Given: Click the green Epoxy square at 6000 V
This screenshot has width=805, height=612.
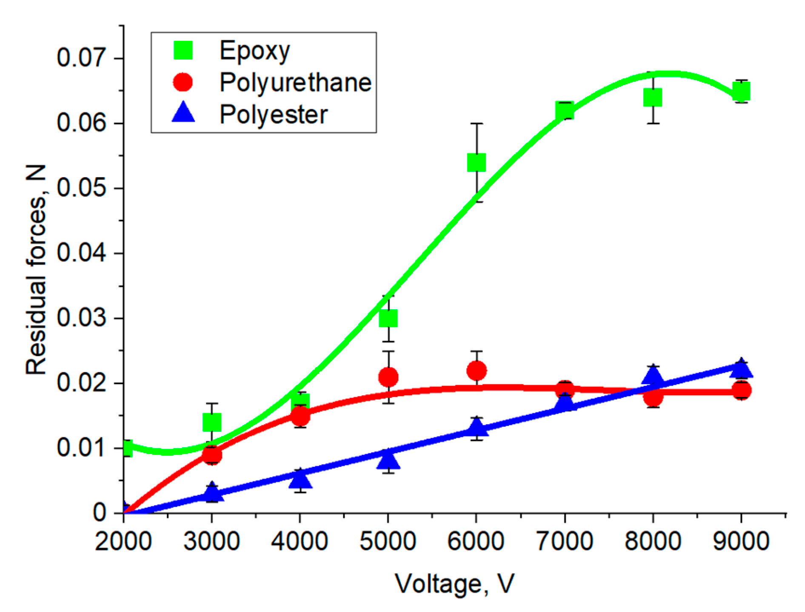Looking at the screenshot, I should point(476,162).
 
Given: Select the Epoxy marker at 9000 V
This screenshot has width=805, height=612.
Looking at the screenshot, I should point(741,92).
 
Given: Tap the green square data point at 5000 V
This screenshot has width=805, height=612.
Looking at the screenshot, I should point(388,318).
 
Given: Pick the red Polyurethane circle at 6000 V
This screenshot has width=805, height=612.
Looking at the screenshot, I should point(476,371).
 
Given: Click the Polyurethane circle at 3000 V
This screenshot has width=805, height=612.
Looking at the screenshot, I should point(212,455).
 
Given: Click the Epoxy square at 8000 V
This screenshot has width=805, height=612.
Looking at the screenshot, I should point(653,98).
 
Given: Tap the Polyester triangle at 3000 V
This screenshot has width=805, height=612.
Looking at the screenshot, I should point(212,493).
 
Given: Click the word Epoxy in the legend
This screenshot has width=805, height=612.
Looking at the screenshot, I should point(254,51).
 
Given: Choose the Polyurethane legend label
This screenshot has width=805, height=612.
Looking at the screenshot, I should point(295,82).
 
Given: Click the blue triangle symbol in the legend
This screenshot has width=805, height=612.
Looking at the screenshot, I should point(183,114).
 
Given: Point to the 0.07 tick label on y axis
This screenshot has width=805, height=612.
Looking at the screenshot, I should point(81,58).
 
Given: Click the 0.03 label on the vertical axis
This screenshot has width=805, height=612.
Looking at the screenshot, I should point(81,319).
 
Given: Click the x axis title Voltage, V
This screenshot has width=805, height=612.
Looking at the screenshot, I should point(454,583).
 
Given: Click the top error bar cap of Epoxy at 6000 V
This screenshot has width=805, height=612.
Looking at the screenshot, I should point(476,124).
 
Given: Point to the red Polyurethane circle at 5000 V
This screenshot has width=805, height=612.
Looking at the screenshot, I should point(388,377).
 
